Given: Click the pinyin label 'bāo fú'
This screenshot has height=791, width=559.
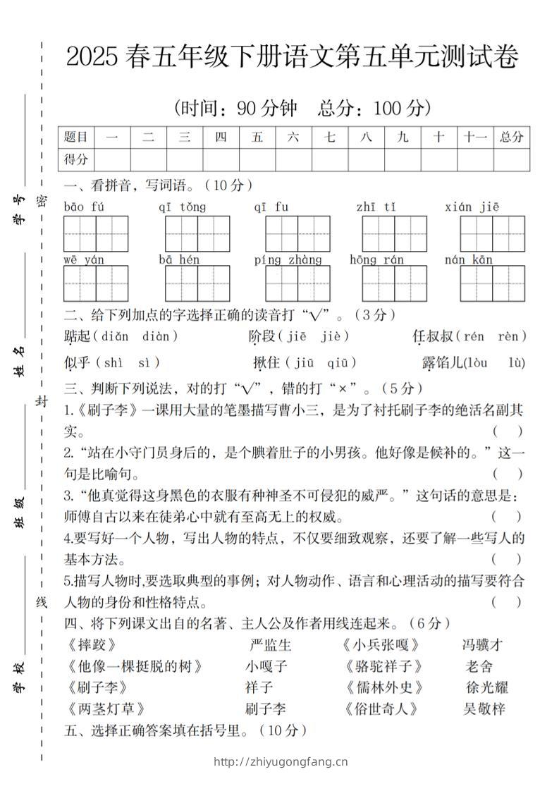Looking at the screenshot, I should tap(84, 207).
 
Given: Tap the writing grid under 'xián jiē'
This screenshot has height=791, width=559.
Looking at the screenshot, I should tap(493, 233).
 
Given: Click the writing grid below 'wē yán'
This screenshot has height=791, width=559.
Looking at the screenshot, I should tap(96, 283).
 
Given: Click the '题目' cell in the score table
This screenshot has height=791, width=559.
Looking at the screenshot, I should tap(76, 137).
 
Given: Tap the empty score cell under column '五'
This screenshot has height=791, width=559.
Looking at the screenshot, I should tap(257, 159).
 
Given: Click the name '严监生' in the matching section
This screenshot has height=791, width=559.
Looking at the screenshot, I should tap(271, 644).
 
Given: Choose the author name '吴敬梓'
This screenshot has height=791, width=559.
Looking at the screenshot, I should tap(484, 709).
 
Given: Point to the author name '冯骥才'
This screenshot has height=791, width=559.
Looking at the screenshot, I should tap(483, 644).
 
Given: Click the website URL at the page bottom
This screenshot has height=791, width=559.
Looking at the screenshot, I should tap(280, 761).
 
